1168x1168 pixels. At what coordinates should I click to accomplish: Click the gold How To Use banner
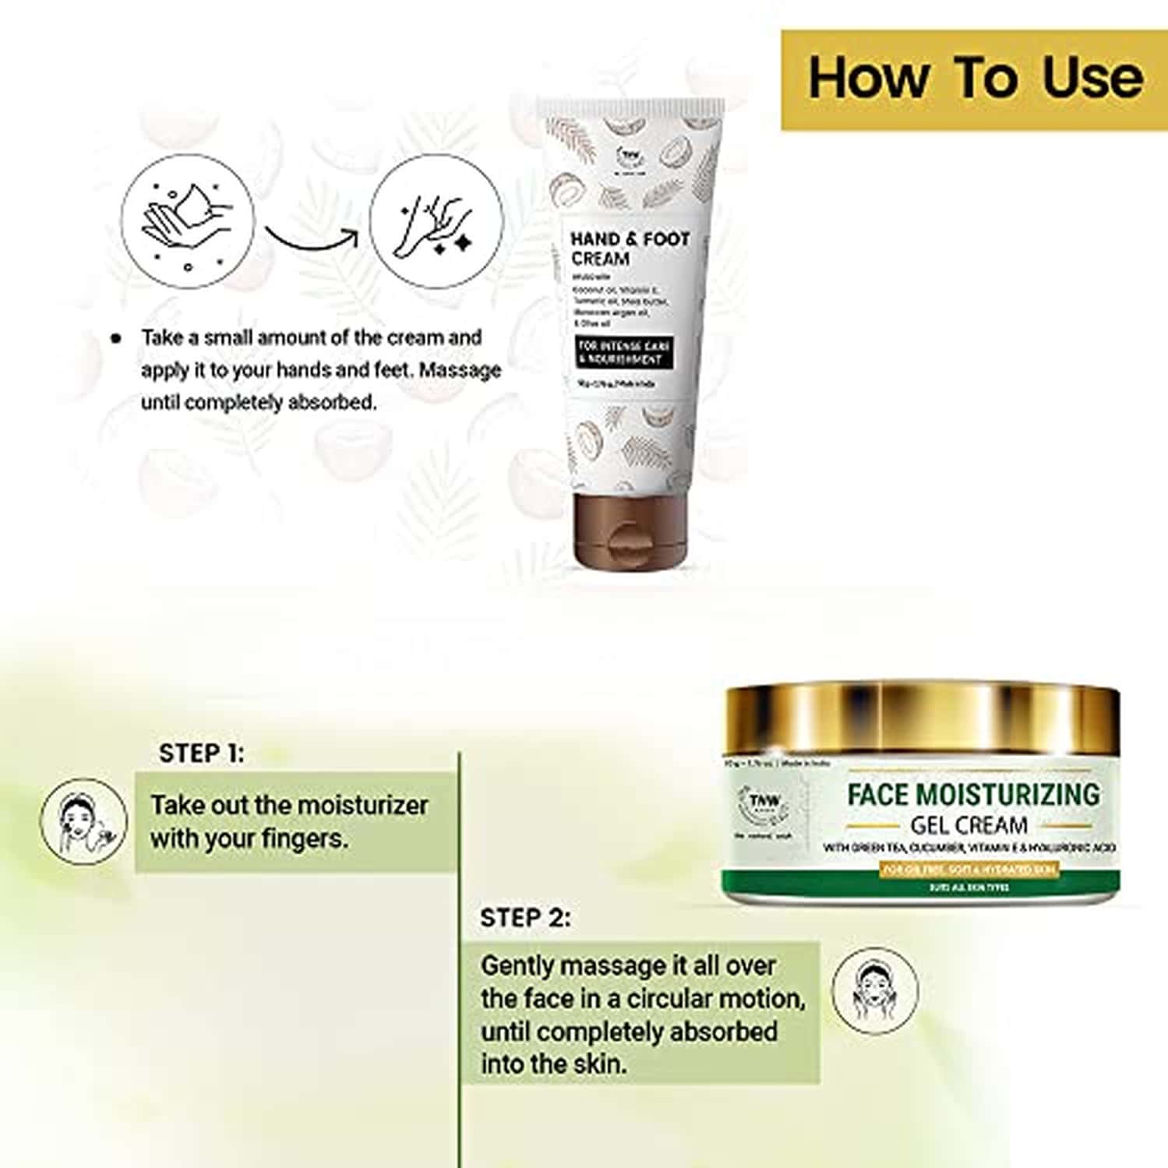(974, 79)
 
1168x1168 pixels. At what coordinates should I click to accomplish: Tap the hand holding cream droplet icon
(187, 221)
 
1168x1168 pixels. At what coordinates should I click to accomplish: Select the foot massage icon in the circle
(436, 221)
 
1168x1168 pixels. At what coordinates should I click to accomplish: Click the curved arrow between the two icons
(312, 237)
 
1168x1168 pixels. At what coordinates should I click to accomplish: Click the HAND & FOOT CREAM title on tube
(630, 249)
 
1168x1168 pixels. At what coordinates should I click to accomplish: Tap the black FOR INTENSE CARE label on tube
(624, 351)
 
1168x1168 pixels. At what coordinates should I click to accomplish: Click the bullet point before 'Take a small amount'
(116, 338)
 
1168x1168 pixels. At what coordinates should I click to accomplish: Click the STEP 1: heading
(201, 753)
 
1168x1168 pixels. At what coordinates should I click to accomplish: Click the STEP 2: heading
(524, 918)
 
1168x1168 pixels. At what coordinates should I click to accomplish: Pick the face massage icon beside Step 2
(874, 990)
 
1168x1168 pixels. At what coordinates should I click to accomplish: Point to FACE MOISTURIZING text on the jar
(973, 795)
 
